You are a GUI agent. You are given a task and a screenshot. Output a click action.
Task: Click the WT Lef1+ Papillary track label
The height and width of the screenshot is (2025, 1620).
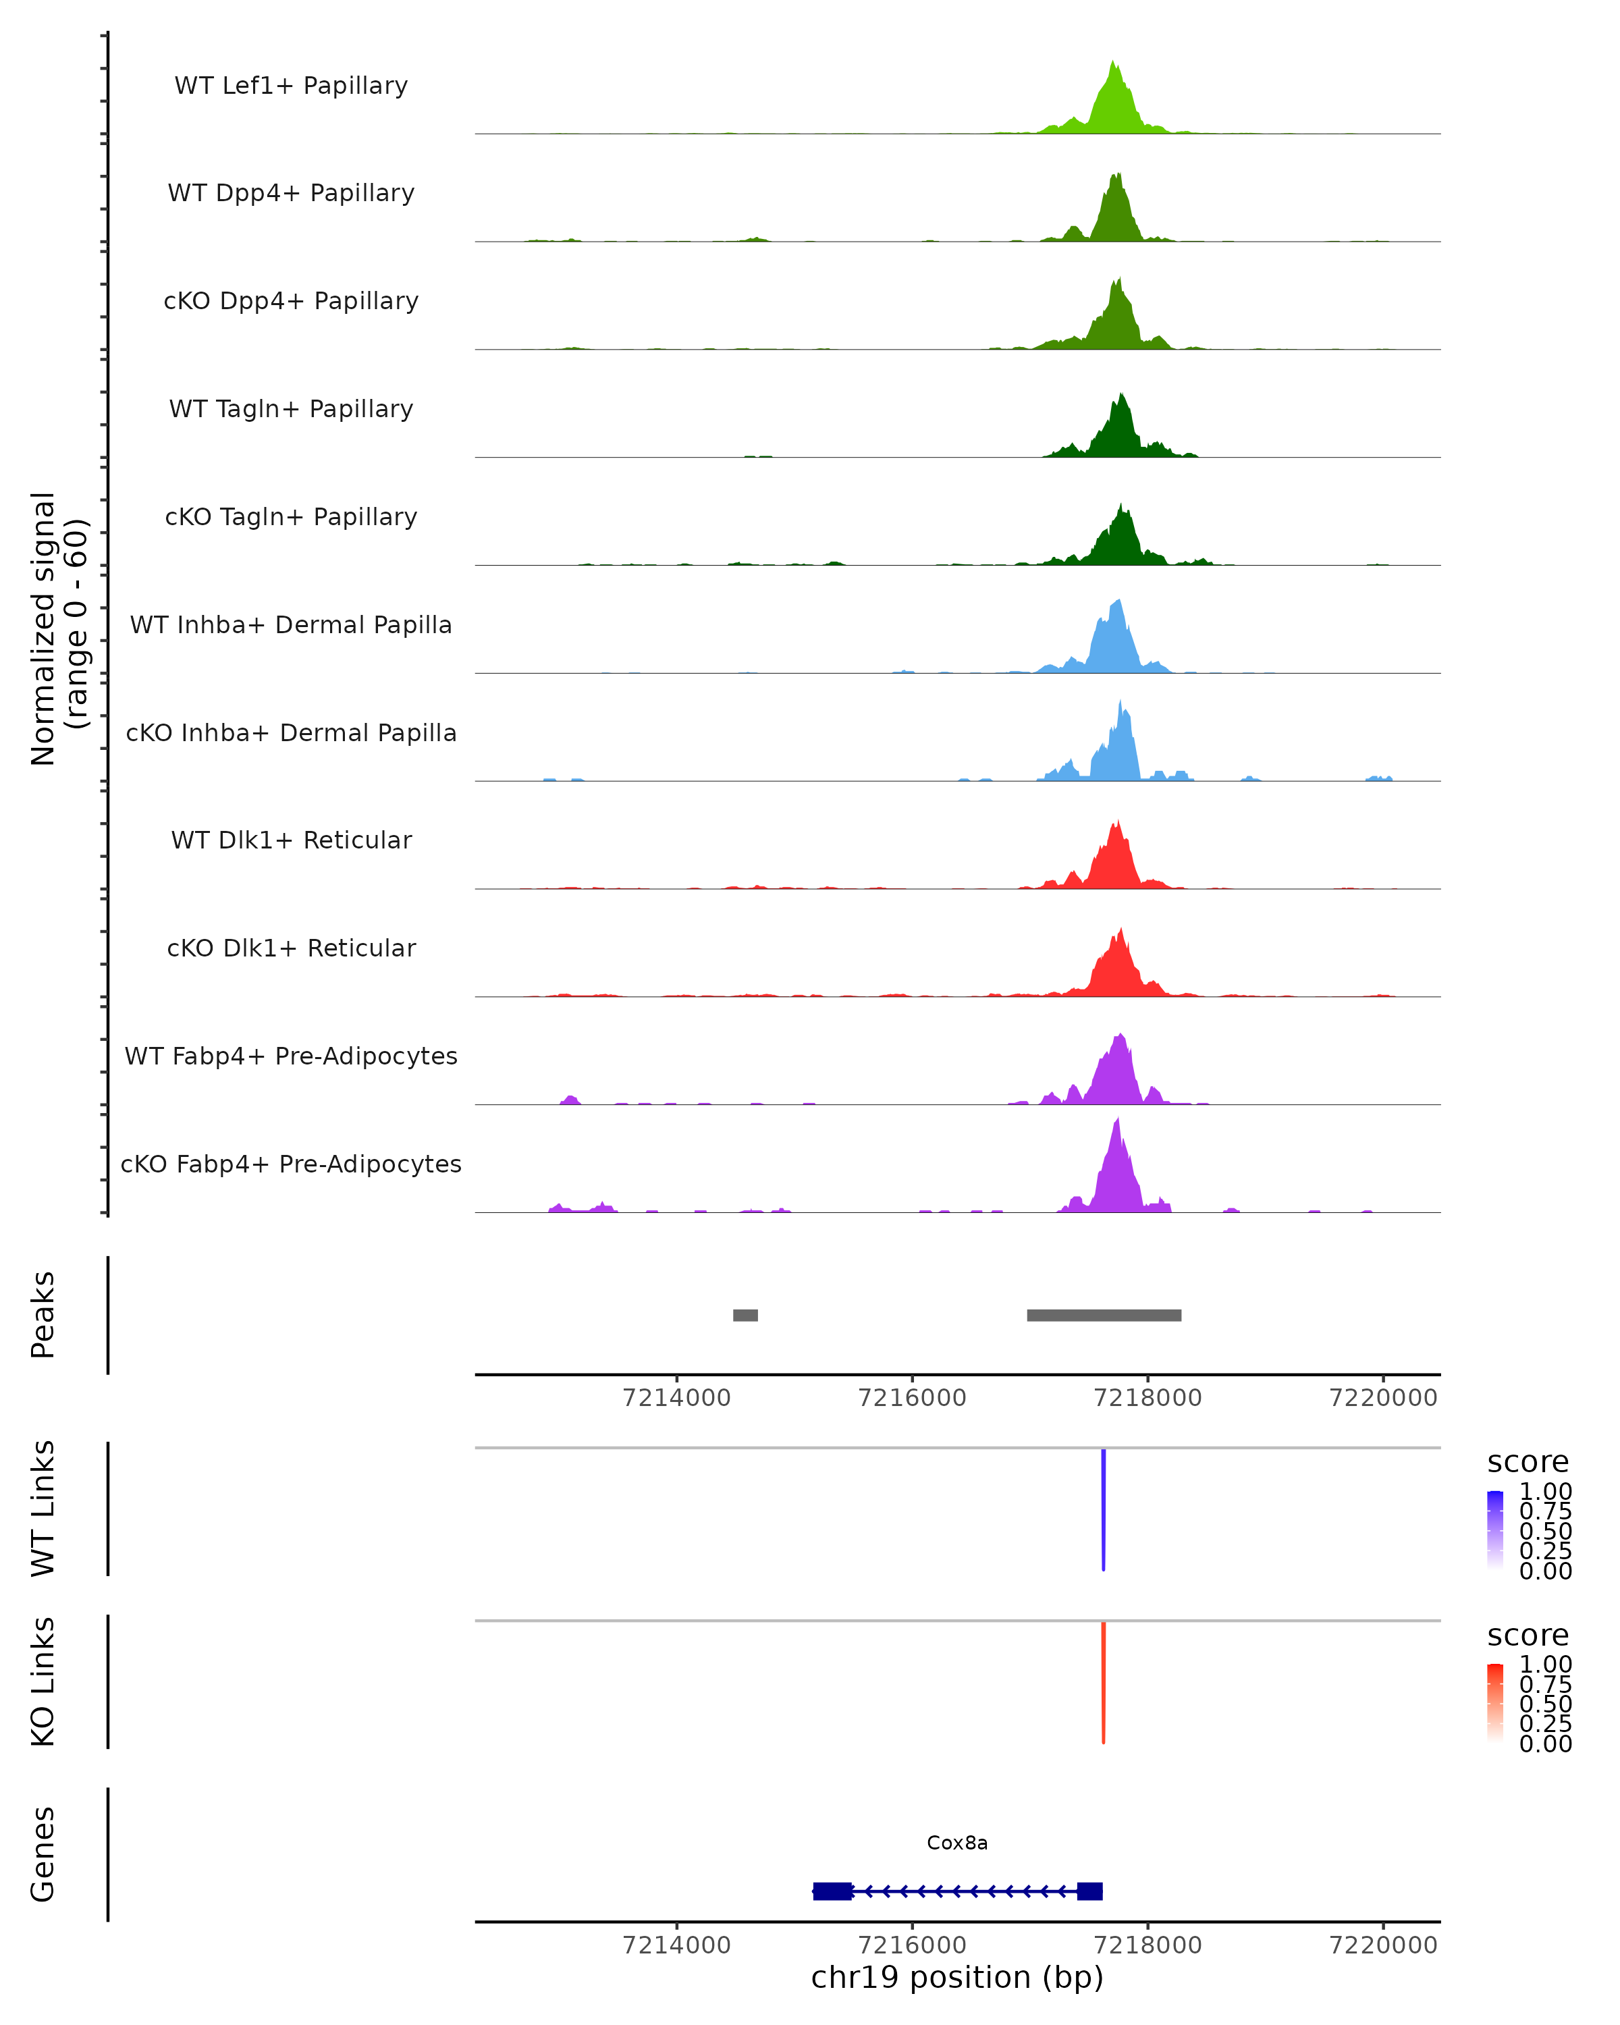tap(291, 86)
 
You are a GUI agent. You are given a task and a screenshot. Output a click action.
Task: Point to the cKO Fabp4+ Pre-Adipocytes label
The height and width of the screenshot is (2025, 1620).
tap(291, 1164)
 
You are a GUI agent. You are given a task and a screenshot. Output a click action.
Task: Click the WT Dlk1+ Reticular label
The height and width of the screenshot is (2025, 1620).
tap(291, 840)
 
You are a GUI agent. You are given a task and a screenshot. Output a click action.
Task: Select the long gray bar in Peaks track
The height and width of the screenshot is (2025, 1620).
tap(1104, 1315)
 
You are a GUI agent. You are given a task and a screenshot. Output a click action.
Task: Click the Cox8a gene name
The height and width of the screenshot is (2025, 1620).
tap(957, 1843)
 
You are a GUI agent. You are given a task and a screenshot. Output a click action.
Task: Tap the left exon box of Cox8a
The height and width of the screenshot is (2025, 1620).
tap(832, 1891)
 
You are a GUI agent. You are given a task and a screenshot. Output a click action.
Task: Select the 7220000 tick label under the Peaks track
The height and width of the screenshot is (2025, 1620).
tap(1382, 1398)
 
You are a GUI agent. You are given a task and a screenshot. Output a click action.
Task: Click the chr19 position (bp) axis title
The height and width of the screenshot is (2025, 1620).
tap(957, 1977)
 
